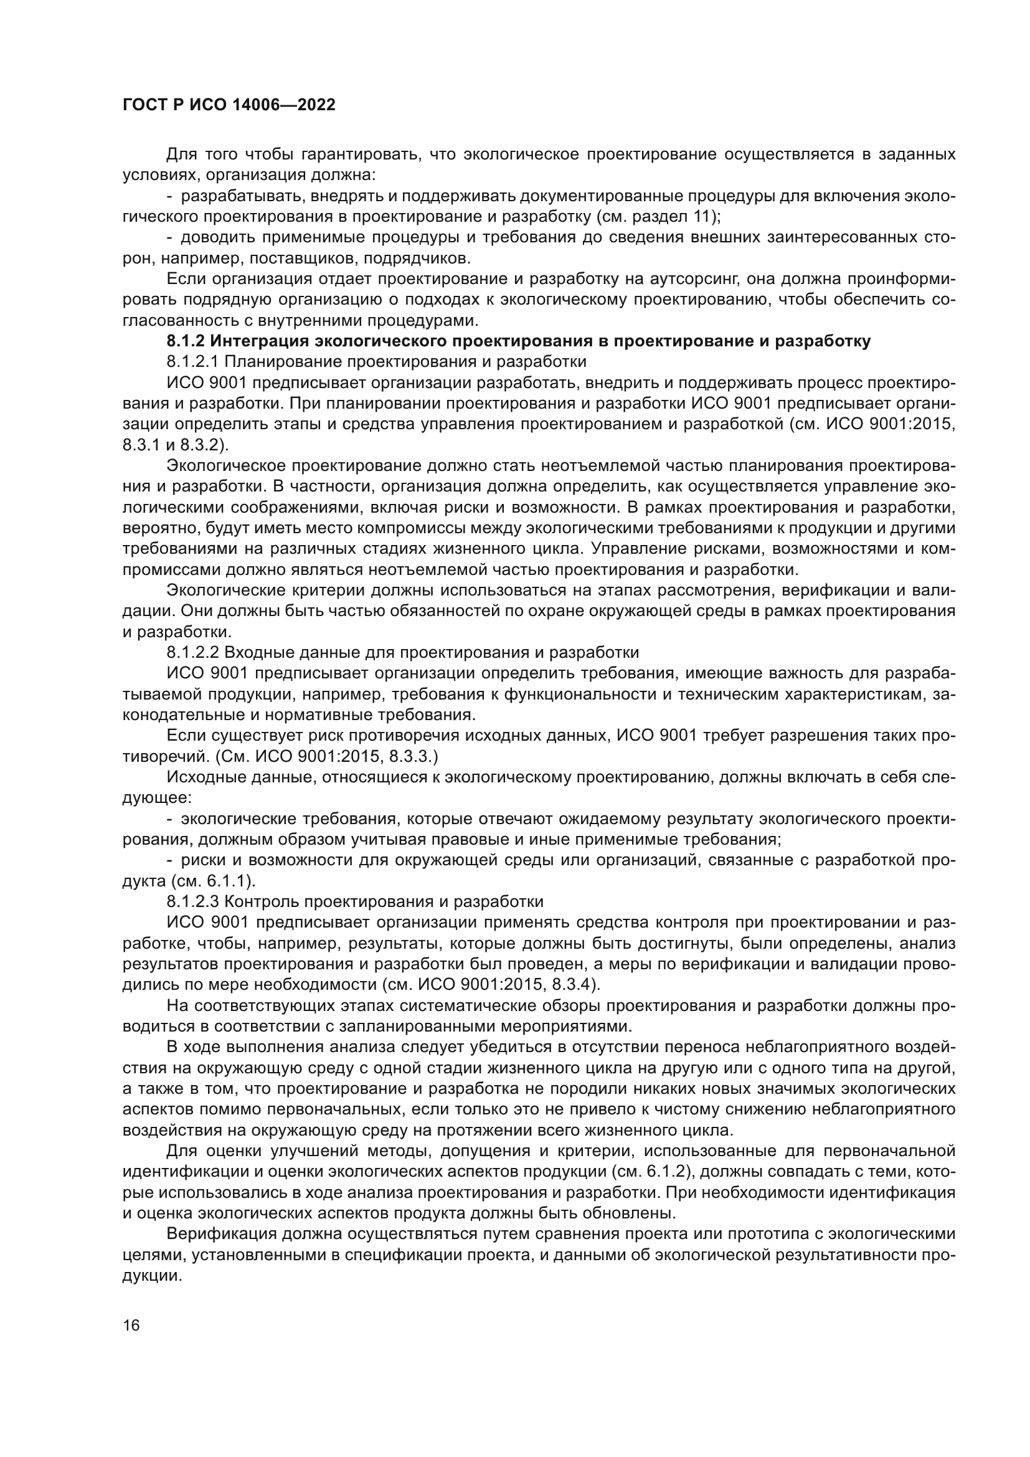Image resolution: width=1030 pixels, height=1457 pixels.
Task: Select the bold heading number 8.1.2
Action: pos(185,341)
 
